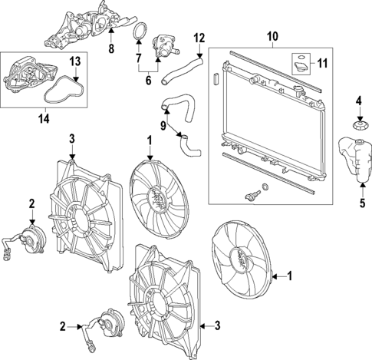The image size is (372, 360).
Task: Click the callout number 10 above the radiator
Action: [x=271, y=35]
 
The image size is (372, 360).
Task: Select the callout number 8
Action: [x=110, y=50]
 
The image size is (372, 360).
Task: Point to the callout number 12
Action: [x=199, y=37]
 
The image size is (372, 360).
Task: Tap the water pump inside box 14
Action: [x=26, y=78]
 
